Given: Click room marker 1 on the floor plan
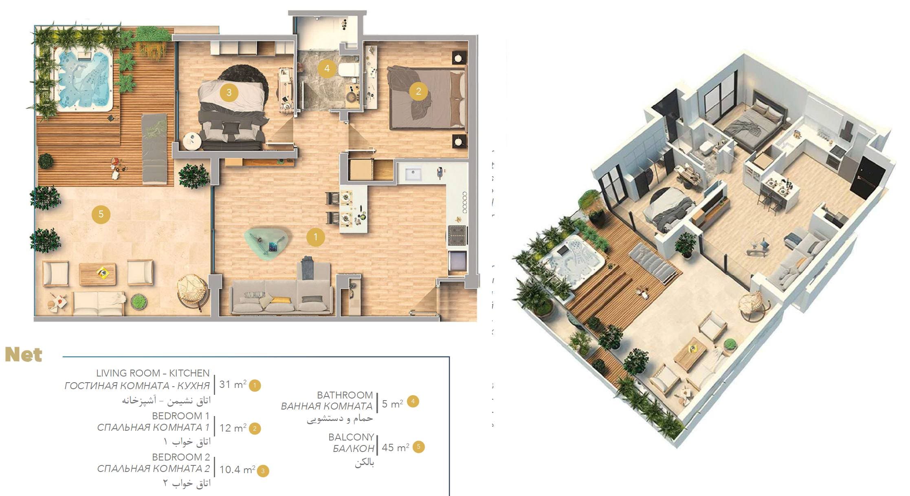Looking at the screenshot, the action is point(316,237).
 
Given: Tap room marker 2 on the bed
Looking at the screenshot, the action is point(418,91).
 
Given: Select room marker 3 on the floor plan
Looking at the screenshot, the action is point(229,93).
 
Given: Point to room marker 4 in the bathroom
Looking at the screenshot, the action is point(327,69).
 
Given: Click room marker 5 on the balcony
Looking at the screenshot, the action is point(101,214).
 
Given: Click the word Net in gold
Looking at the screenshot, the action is point(24,355).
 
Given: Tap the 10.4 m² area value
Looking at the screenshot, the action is point(237,469).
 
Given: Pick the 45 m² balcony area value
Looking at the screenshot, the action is point(396,447).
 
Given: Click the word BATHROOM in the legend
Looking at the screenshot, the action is point(345,395).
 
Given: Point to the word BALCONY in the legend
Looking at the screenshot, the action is point(351,437).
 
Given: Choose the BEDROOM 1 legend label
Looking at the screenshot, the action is point(180,416).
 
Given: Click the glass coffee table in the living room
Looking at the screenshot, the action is point(267,243).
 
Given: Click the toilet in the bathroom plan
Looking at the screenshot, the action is point(349,70).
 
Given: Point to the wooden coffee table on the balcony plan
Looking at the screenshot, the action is point(97,274).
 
